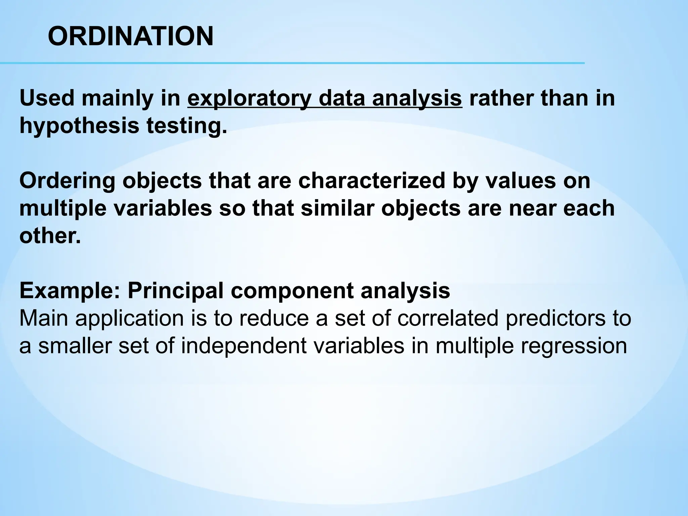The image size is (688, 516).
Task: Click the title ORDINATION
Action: pos(131,37)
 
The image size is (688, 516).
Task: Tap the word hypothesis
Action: pos(79,126)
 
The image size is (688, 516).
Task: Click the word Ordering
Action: pos(67,181)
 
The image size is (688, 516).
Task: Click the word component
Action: pos(292,291)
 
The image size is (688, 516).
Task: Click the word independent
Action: pos(244,346)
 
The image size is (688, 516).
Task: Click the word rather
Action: pos(497,98)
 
